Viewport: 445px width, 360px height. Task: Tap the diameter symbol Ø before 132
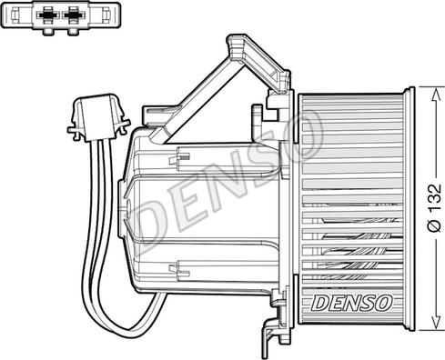pos(435,225)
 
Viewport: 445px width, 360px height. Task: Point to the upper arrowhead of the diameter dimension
pos(436,95)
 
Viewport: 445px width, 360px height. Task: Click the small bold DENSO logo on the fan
pos(352,303)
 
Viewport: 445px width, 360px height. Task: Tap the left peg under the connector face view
pos(48,32)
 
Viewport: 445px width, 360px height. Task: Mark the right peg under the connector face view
pos(73,32)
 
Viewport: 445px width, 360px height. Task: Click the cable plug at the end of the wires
pos(98,117)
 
